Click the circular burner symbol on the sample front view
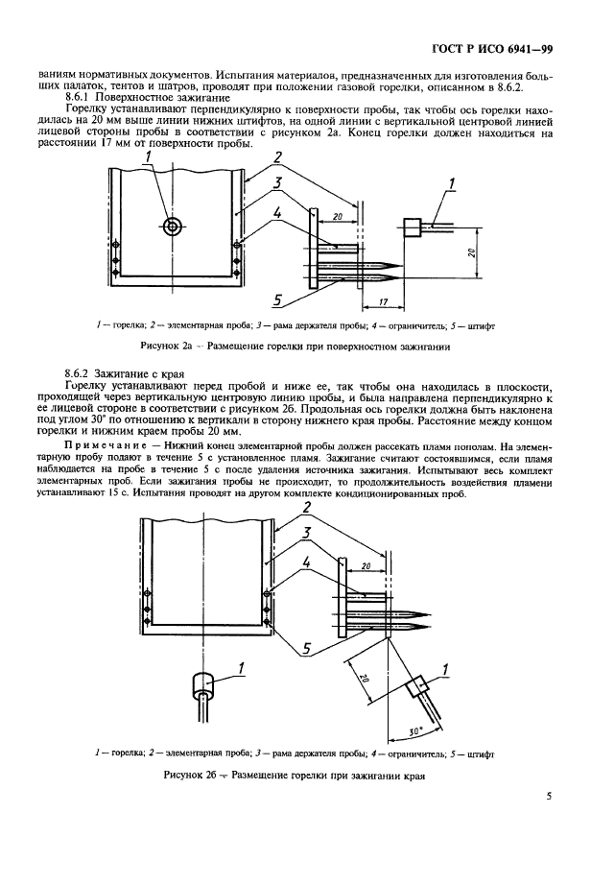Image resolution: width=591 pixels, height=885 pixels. pos(172,227)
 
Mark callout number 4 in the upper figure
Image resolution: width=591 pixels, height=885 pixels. pos(278,213)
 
